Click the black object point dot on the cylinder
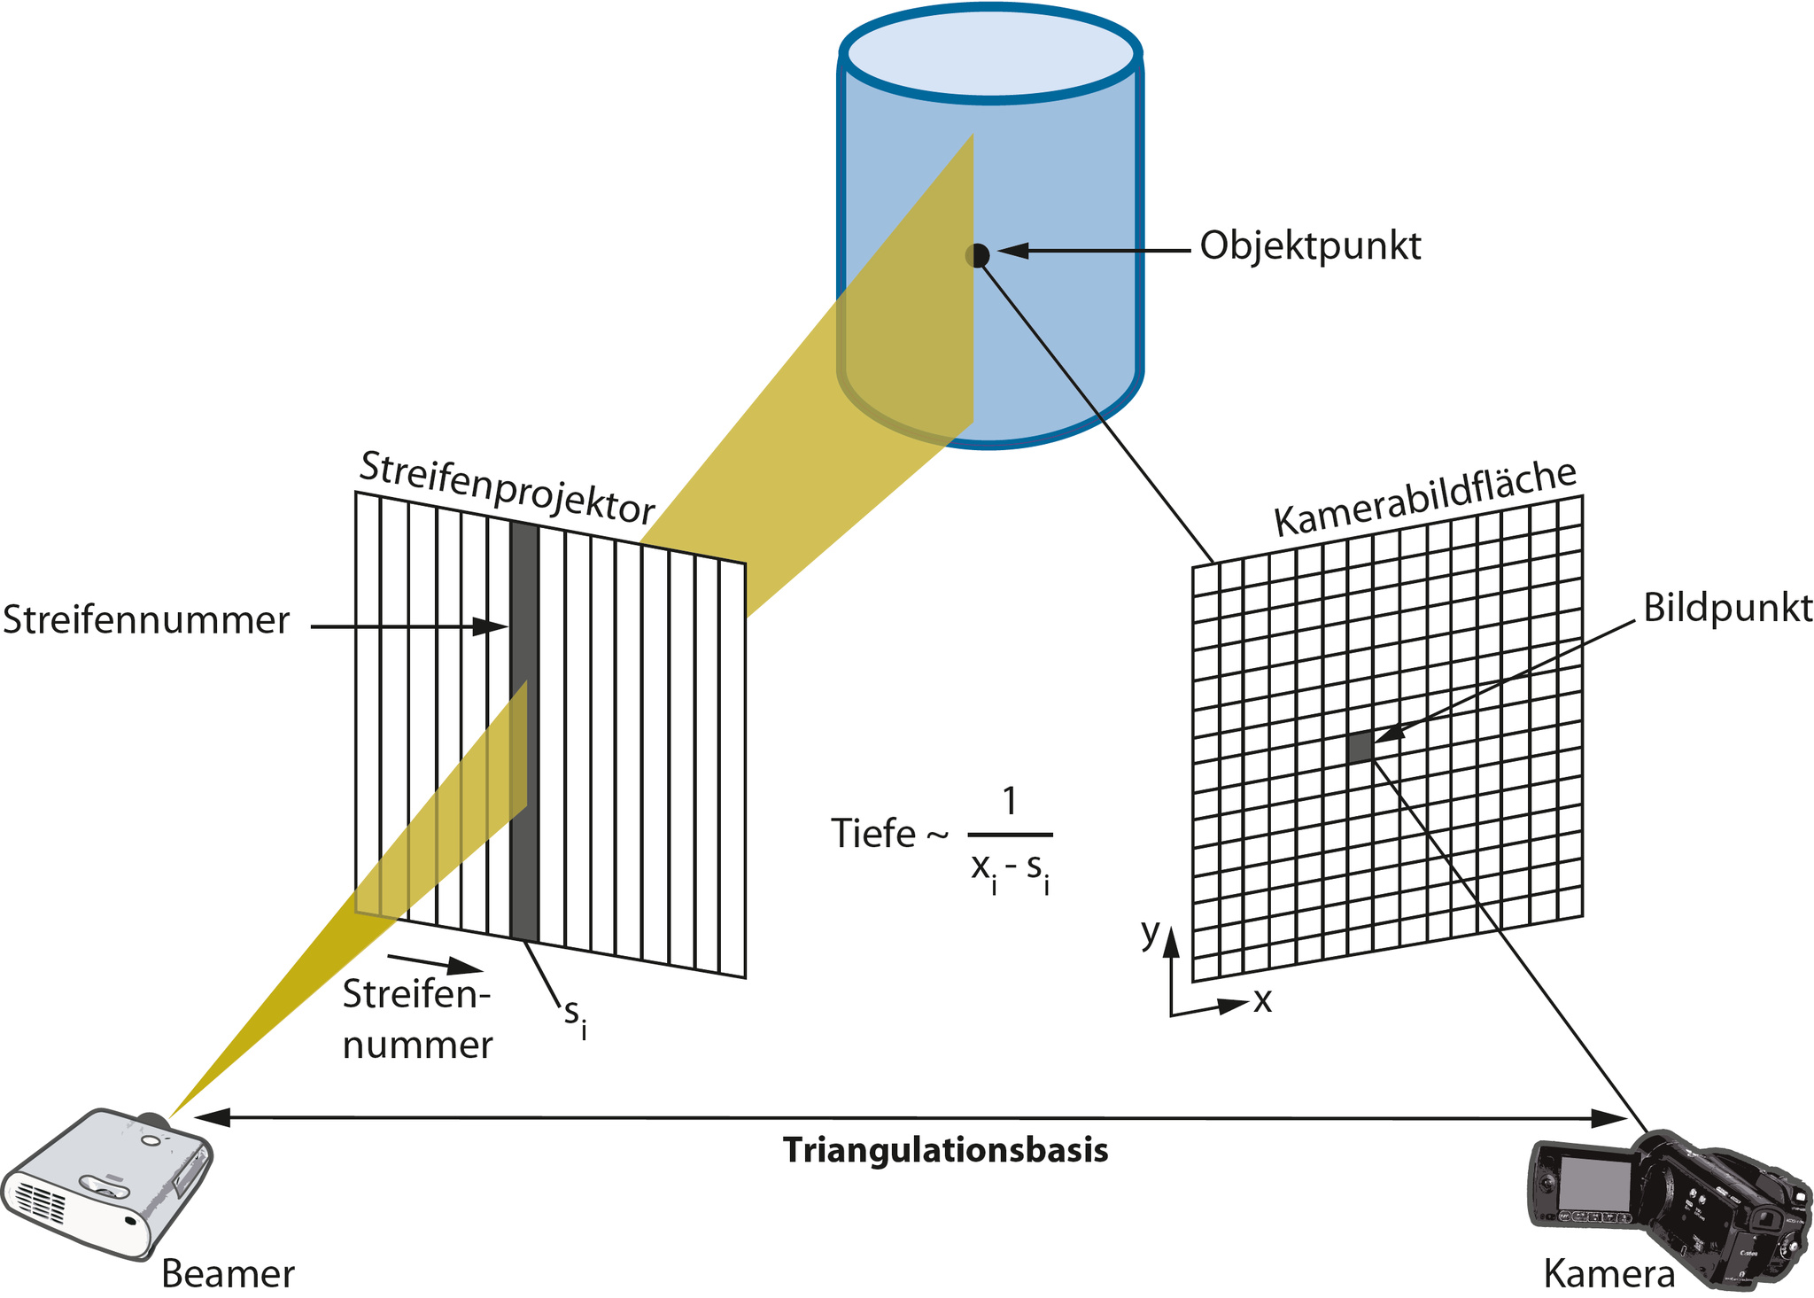[x=977, y=255]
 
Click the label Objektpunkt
[x=1310, y=246]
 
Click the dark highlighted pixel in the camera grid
[x=1360, y=747]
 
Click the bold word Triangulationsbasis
[x=945, y=1151]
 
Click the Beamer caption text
[x=228, y=1274]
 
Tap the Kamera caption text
[x=1609, y=1274]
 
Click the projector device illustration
[x=106, y=1183]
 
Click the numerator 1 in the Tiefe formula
[x=1009, y=801]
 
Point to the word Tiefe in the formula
[x=872, y=834]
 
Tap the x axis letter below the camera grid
[x=1262, y=1000]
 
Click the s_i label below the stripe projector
[x=576, y=1017]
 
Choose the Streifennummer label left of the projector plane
[x=146, y=620]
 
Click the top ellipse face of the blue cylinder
[x=989, y=56]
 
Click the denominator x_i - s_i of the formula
[x=1010, y=871]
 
